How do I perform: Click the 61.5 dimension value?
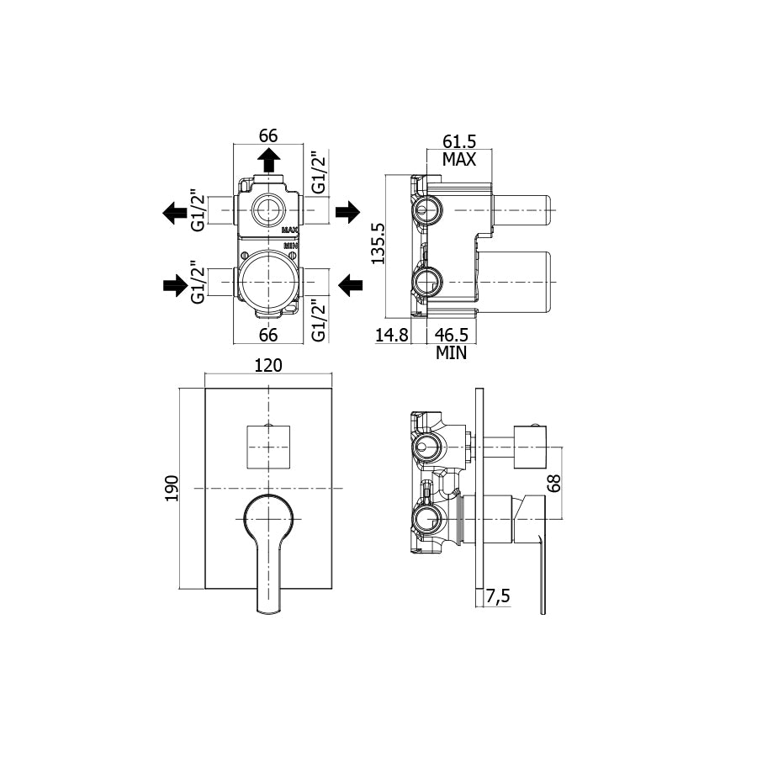click(459, 141)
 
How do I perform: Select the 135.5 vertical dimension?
click(378, 243)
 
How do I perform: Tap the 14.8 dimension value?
click(391, 335)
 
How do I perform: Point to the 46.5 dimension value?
click(452, 335)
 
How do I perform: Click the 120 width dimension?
click(268, 366)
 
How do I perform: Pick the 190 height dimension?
click(172, 488)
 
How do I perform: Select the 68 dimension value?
click(555, 484)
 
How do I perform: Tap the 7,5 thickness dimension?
click(498, 596)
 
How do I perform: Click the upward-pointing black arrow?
click(268, 160)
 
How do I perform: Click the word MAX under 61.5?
click(459, 159)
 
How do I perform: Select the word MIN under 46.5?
click(452, 353)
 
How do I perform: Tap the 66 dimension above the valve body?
click(268, 135)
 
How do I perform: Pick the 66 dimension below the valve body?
click(268, 335)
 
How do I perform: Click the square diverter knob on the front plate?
click(268, 447)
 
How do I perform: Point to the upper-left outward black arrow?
click(174, 213)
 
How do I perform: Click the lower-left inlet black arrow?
click(175, 285)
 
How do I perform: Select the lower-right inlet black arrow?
click(350, 285)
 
